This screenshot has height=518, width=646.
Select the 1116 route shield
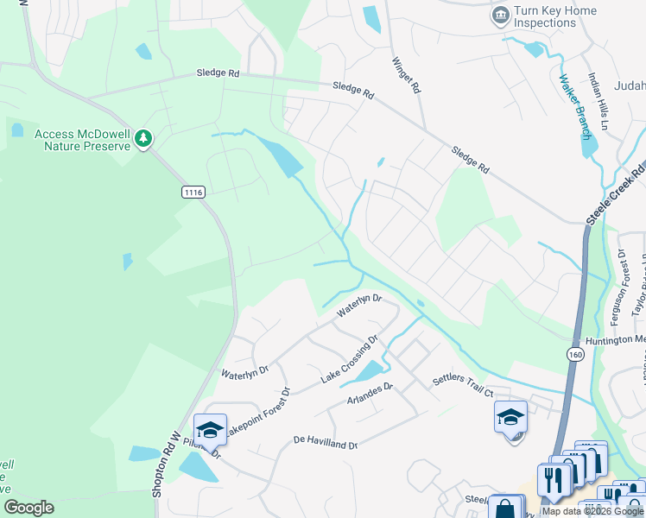pos(193,193)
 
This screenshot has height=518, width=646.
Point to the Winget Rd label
pos(406,74)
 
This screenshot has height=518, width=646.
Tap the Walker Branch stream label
pos(574,107)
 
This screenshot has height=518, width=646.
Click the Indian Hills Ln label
pos(605,100)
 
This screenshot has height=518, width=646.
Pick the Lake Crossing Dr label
pos(350,360)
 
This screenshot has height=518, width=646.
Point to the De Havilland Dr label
pos(325,445)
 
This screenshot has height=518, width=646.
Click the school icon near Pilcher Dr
pos(210,429)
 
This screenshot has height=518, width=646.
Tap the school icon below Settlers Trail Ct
pos(510,417)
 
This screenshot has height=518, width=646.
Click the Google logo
pos(28,508)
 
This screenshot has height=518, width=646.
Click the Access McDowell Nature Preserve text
pos(83,140)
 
